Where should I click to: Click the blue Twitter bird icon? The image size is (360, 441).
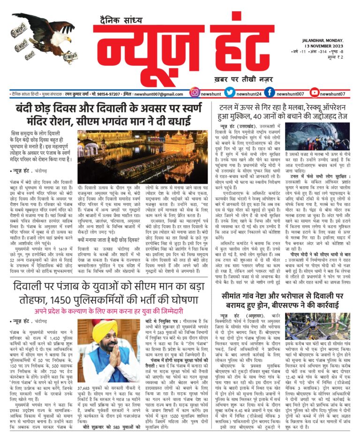pos(230,94)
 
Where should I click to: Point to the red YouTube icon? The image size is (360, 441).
pos(315,94)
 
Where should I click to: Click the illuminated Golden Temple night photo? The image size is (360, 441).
pos(135,157)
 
